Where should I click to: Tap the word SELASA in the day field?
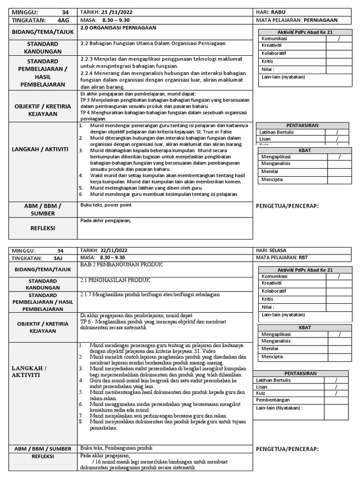281,251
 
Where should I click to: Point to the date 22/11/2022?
116,251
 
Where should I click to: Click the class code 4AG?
63,20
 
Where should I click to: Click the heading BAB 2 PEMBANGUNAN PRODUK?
121,265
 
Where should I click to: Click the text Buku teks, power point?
106,205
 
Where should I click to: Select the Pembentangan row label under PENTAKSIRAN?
273,400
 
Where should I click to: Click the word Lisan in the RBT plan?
261,387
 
